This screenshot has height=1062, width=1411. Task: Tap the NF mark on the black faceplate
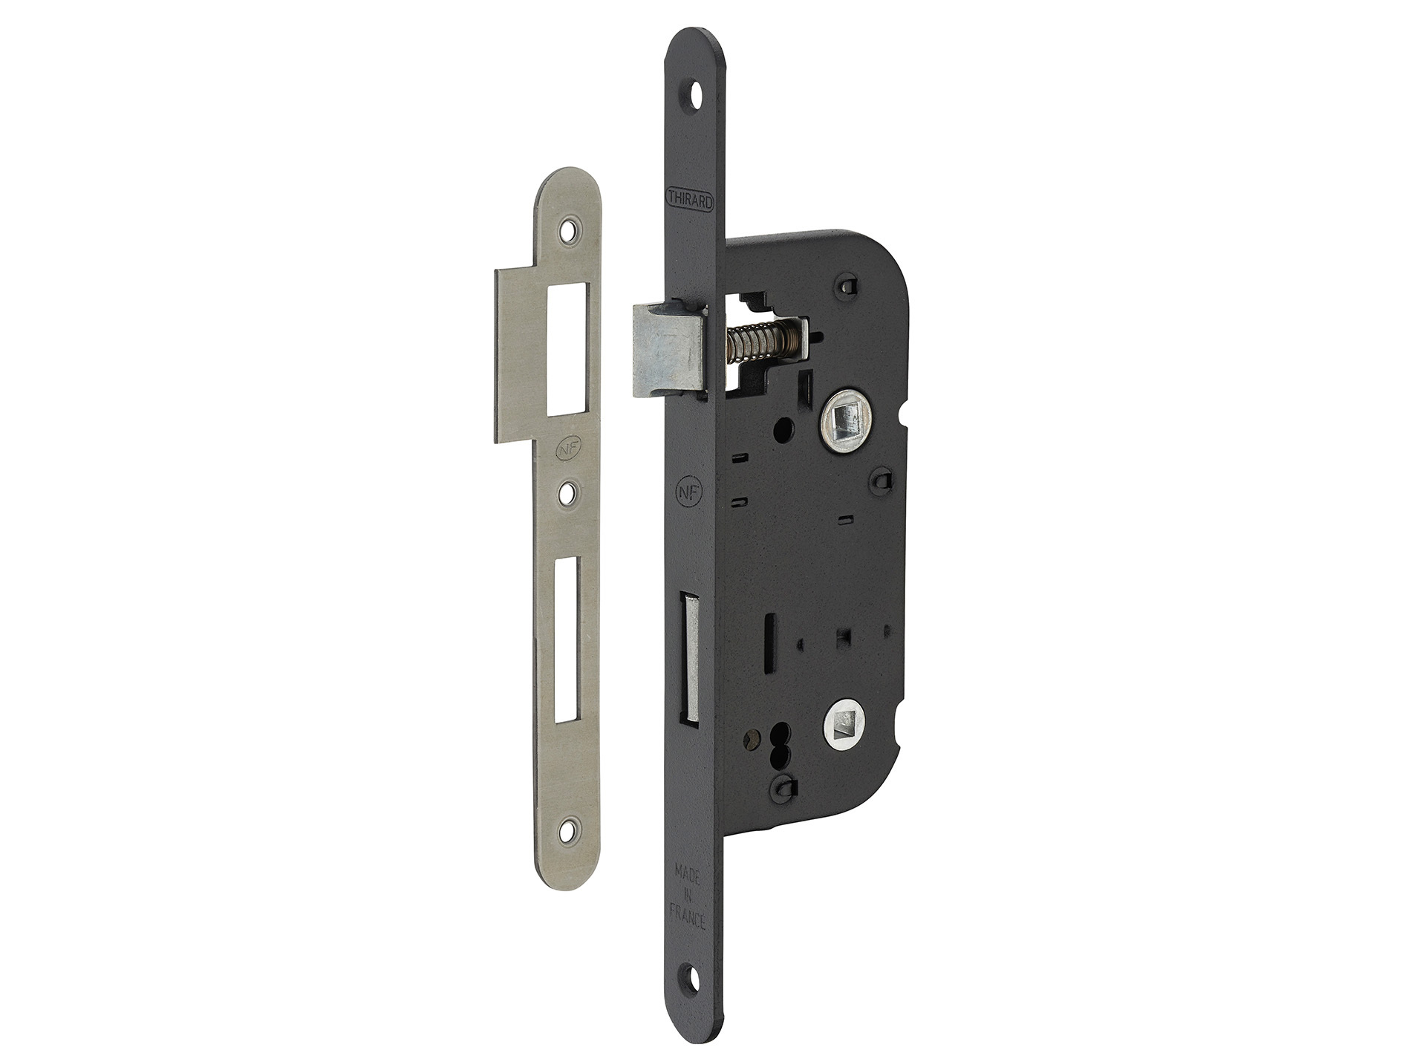[x=687, y=492]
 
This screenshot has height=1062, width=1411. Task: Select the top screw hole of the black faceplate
[x=697, y=94]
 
